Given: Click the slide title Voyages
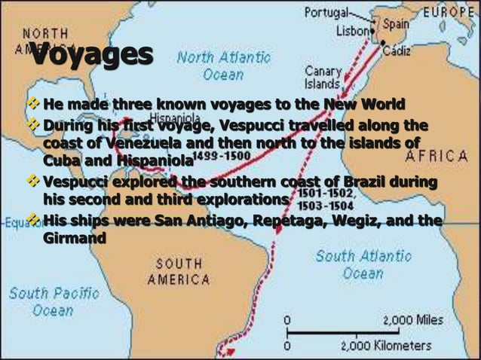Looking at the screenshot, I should pyautogui.click(x=91, y=57).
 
